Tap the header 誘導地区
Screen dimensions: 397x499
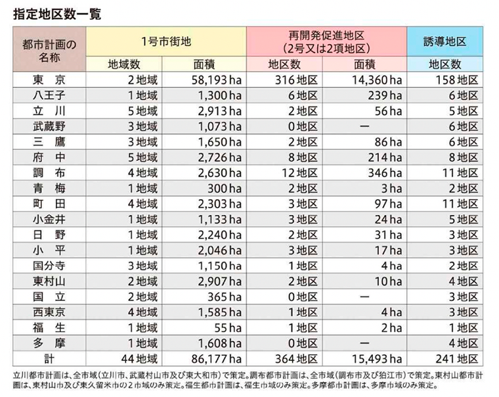(x=446, y=41)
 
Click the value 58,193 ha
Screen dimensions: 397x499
(x=210, y=80)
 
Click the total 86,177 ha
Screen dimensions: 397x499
(x=210, y=359)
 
